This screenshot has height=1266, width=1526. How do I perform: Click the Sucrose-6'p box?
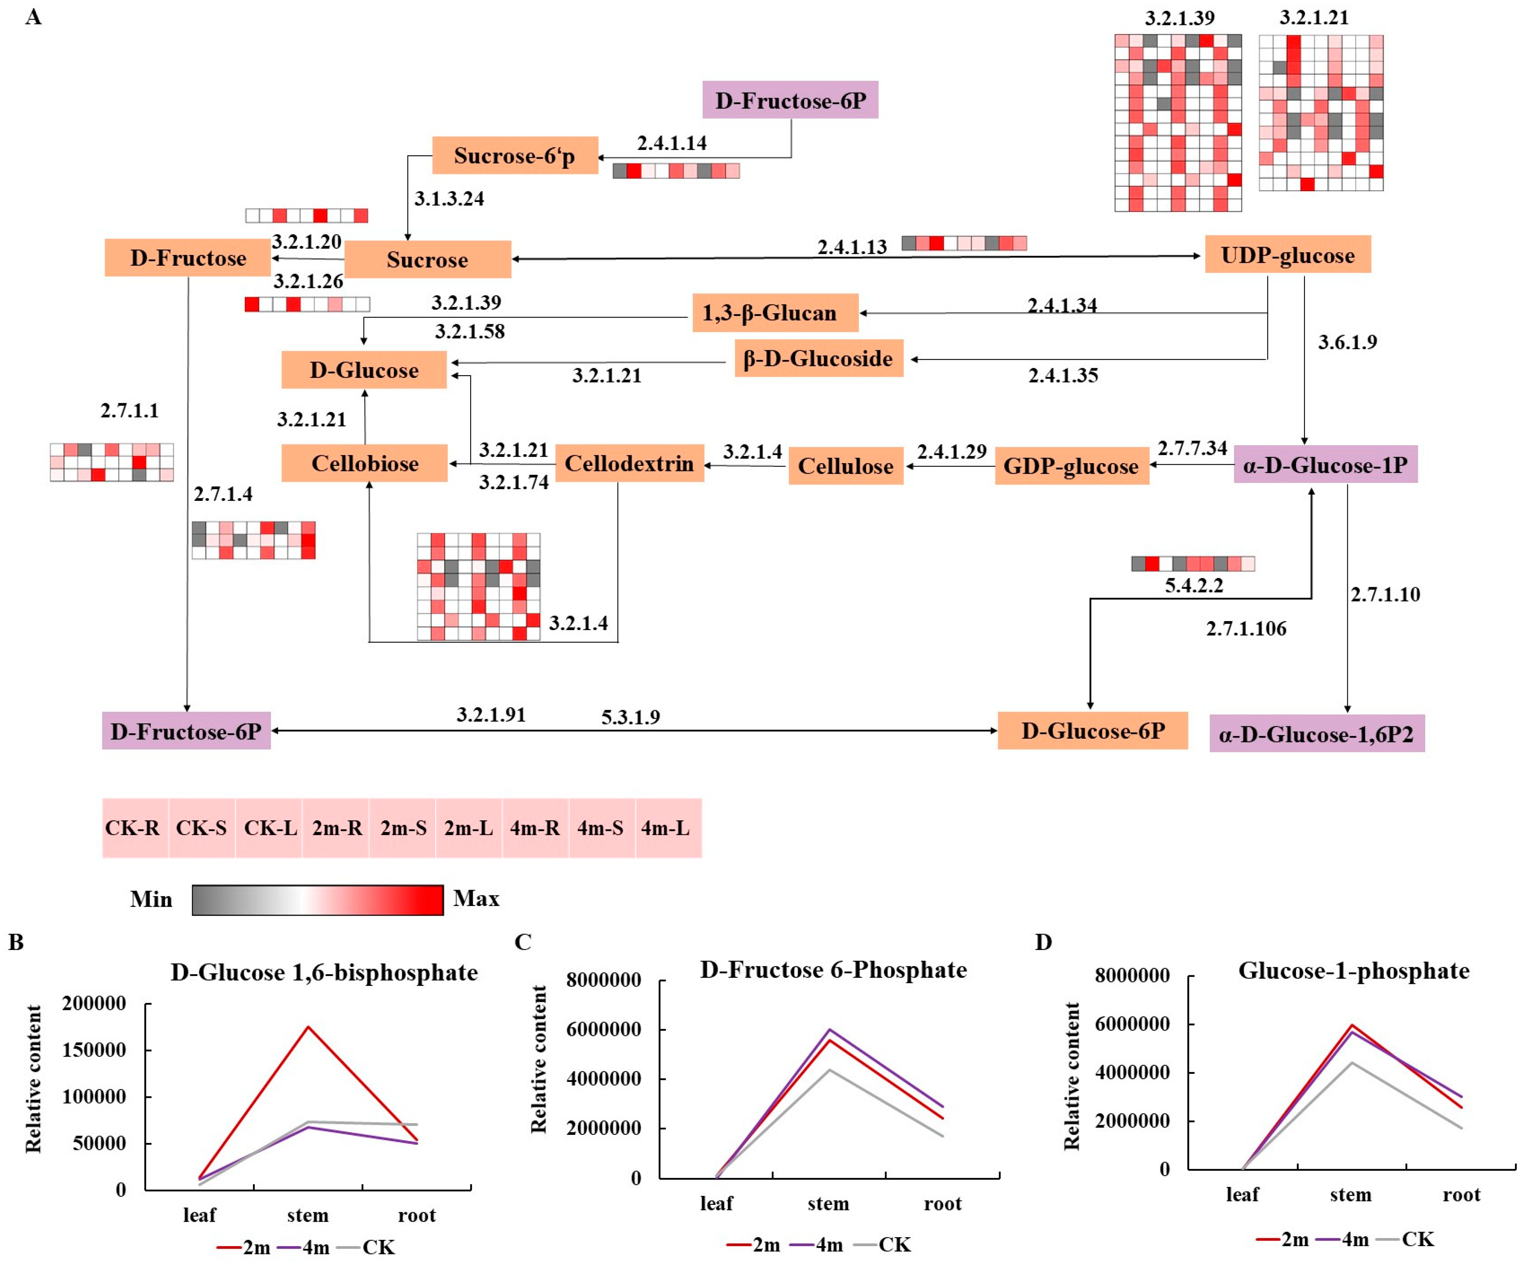click(x=515, y=156)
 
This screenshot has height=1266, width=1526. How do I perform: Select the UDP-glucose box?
click(x=1287, y=255)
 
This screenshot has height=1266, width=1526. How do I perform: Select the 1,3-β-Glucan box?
click(x=774, y=313)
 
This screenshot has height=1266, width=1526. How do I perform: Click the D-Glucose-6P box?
click(x=1092, y=730)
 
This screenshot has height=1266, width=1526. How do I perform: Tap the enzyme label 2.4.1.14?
click(x=671, y=143)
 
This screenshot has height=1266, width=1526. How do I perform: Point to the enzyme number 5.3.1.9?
click(x=630, y=717)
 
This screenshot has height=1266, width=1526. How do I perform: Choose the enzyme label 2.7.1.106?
click(x=1245, y=629)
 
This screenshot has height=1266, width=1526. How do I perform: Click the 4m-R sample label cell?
click(x=535, y=828)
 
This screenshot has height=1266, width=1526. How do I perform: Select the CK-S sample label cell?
click(x=201, y=828)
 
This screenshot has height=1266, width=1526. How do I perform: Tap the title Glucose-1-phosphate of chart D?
click(x=1353, y=971)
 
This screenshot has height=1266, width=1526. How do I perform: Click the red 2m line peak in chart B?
click(x=308, y=1027)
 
